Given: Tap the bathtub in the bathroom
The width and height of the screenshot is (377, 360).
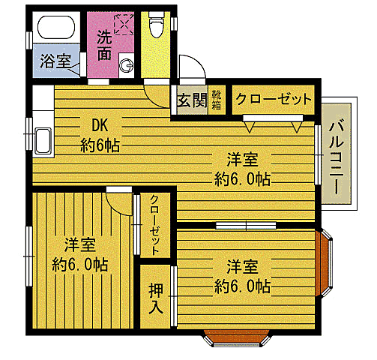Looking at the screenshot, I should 55,31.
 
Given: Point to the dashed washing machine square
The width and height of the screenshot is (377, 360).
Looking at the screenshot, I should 124,24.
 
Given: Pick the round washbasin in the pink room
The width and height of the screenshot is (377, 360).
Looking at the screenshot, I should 125,64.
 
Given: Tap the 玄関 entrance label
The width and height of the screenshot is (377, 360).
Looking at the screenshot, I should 191,99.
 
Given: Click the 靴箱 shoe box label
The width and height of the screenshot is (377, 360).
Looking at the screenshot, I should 216,98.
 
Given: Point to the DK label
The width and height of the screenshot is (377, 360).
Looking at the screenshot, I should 100,125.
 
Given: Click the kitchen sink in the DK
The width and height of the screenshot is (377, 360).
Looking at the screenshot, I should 42,140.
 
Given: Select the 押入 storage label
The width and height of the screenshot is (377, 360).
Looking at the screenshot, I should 155,297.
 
